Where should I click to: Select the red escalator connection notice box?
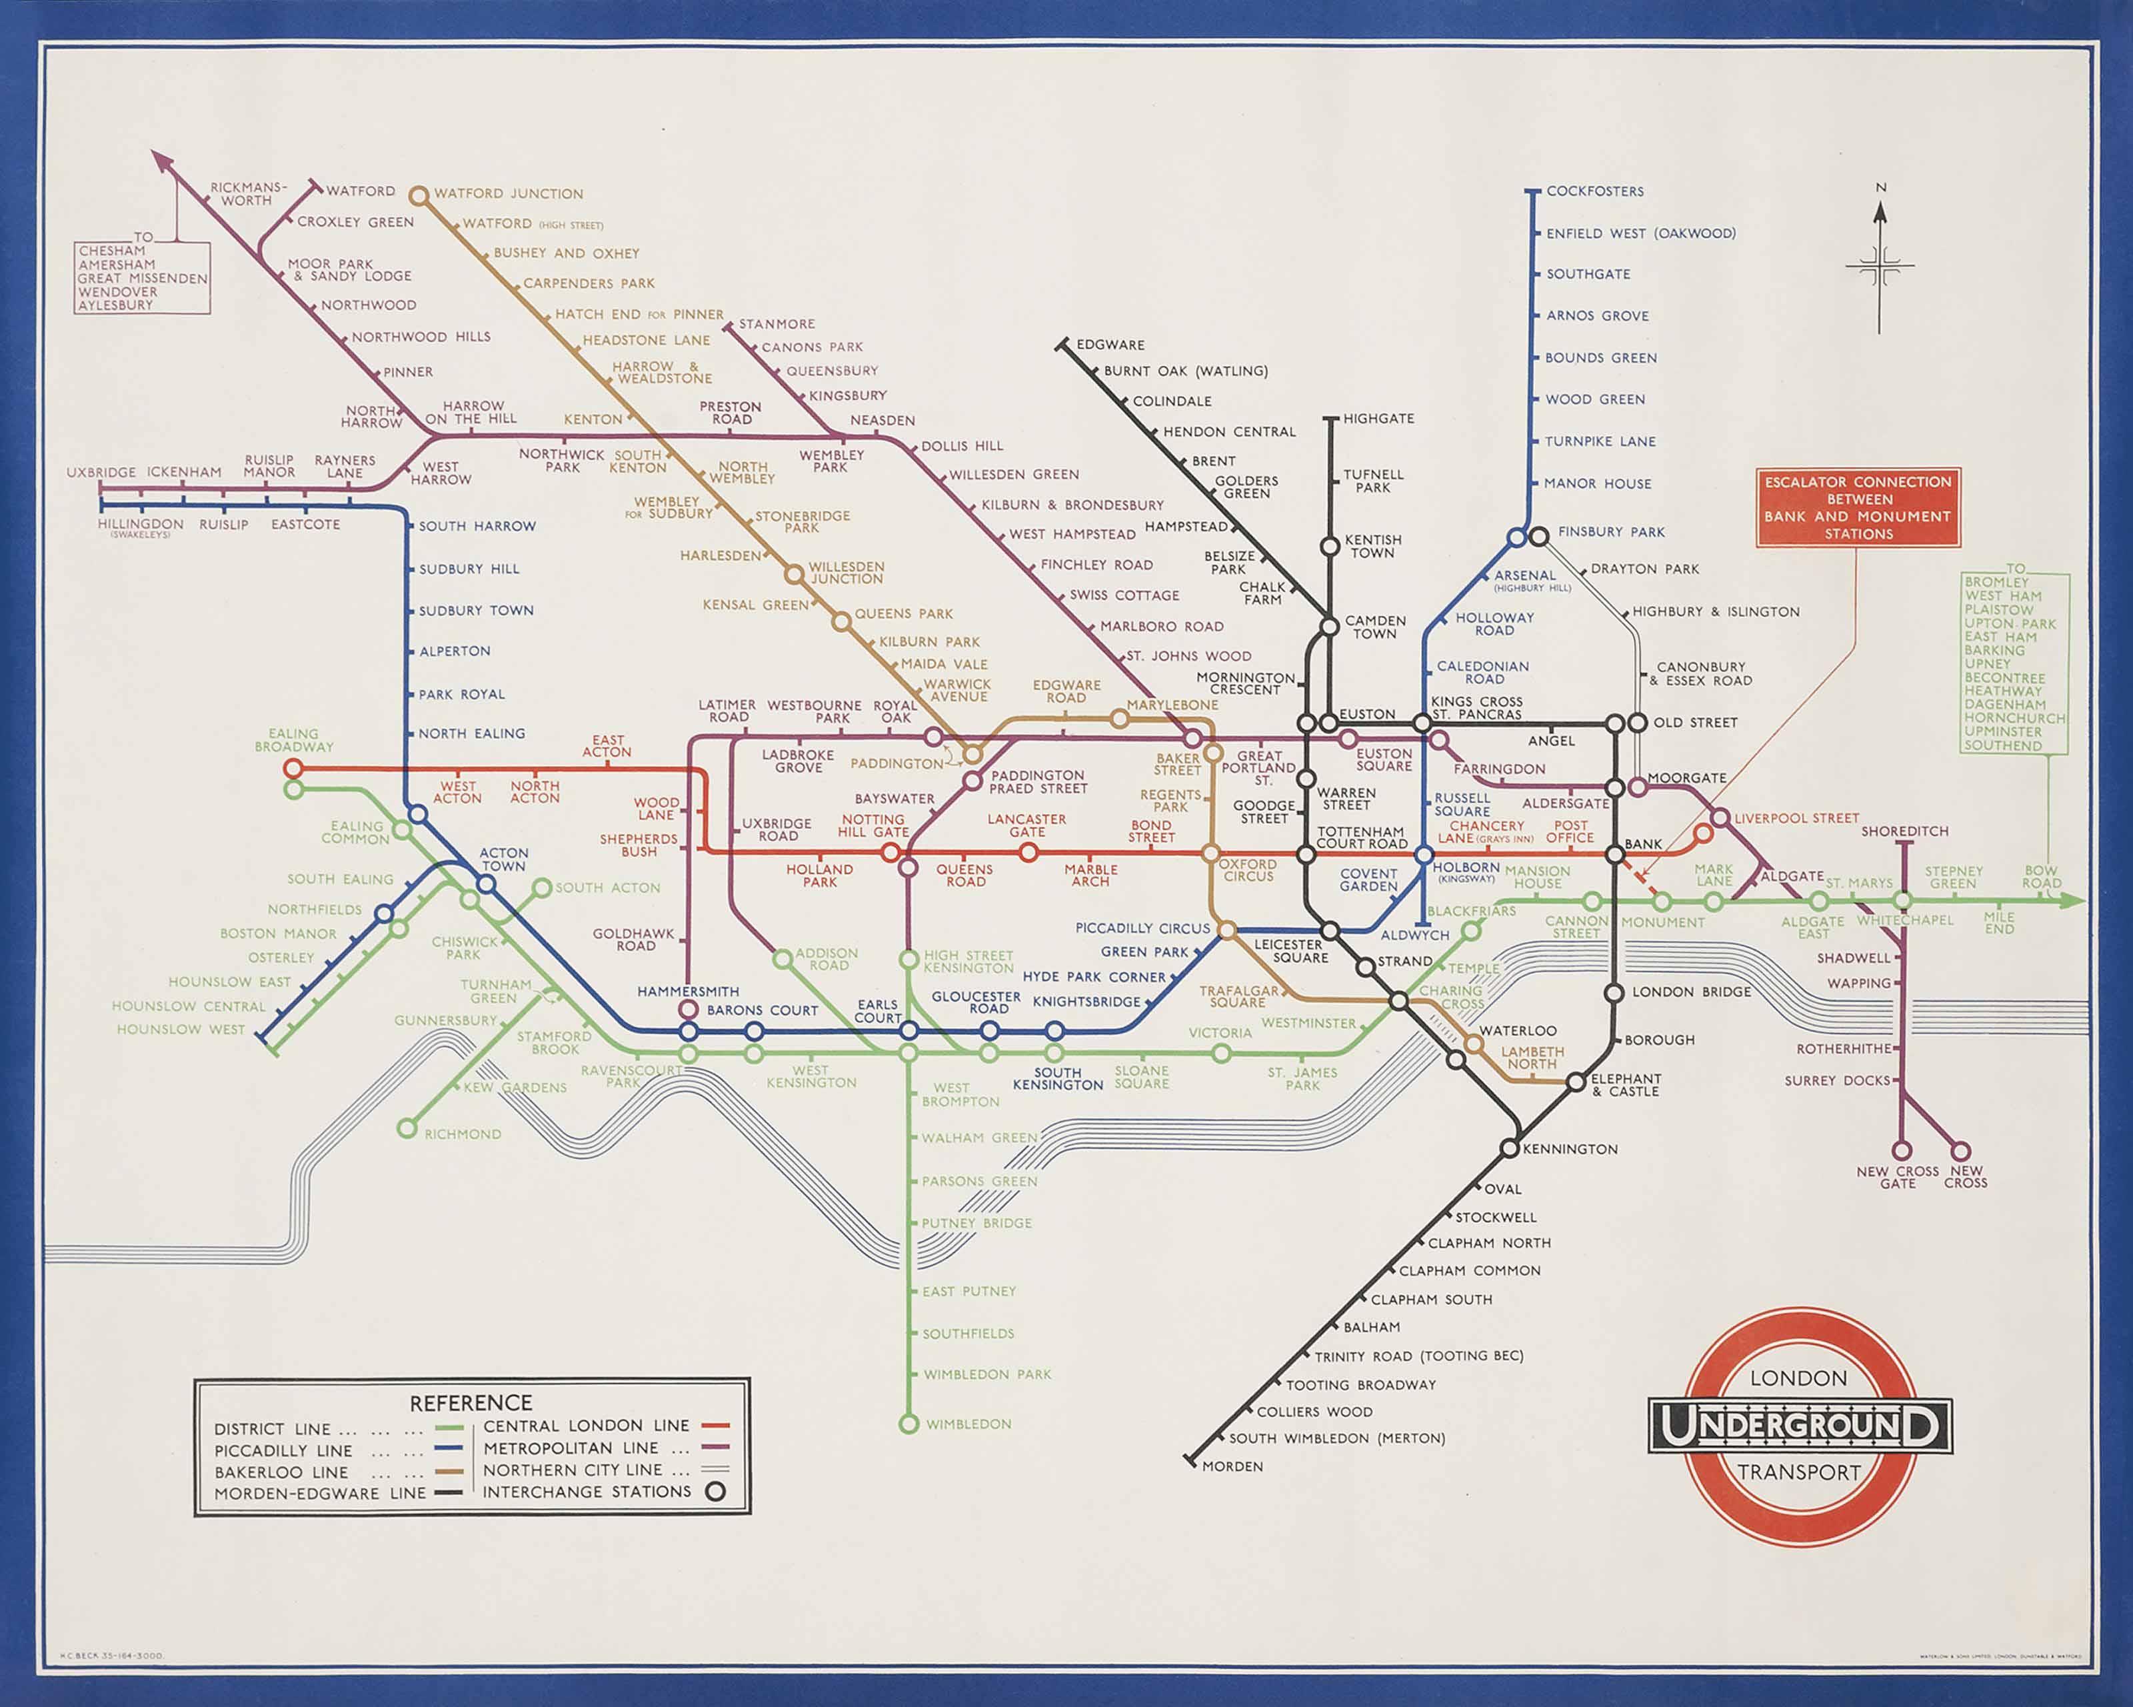(1858, 507)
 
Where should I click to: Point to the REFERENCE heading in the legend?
(471, 1403)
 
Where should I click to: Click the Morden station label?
(1232, 1466)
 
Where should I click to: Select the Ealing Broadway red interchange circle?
(293, 769)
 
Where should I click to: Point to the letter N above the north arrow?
(1881, 187)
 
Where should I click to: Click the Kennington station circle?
(1508, 1149)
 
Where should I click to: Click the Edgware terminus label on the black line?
(1109, 344)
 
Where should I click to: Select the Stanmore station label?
(777, 323)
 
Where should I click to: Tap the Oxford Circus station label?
(1248, 870)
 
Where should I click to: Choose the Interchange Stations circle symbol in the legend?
(715, 1491)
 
